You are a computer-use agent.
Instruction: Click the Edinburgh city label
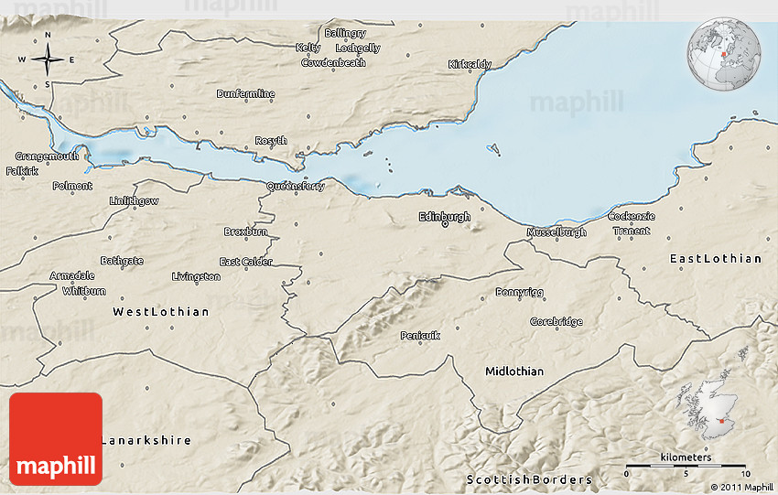click(x=444, y=217)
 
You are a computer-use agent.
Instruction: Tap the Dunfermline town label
click(x=245, y=93)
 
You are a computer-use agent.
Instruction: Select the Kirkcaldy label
click(x=470, y=64)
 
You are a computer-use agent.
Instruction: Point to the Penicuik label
click(x=420, y=336)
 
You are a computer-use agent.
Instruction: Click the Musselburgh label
click(x=556, y=232)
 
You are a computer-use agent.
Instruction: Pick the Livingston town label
click(x=196, y=276)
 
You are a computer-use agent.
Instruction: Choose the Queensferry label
click(x=295, y=186)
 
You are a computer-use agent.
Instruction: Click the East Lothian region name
click(x=715, y=259)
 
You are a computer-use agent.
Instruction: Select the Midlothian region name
click(x=513, y=371)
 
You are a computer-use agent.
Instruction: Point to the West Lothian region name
click(x=160, y=312)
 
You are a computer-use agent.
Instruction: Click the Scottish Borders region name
click(x=529, y=479)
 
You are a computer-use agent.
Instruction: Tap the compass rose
click(x=47, y=61)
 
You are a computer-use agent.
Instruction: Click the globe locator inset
click(x=724, y=56)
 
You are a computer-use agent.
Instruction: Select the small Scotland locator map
click(x=707, y=410)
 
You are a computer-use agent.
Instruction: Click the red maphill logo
click(x=56, y=439)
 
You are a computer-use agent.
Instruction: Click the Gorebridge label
click(x=556, y=322)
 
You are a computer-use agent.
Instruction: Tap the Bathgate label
click(x=122, y=261)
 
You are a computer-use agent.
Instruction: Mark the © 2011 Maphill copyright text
click(x=736, y=488)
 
